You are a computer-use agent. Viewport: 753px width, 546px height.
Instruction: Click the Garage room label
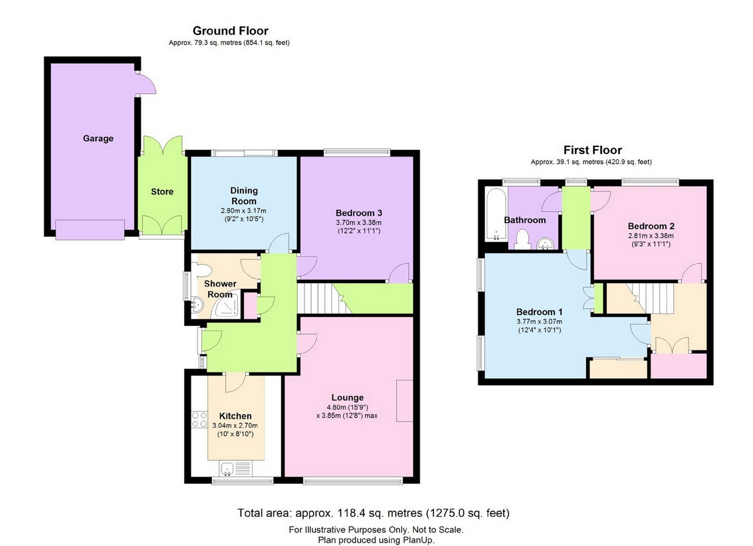(98, 138)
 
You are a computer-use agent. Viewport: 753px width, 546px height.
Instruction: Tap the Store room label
(162, 191)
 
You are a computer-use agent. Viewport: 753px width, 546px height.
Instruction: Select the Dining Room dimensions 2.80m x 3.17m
(244, 211)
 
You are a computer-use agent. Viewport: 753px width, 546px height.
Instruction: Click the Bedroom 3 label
(359, 213)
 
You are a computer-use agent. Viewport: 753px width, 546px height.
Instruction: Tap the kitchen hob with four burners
(199, 420)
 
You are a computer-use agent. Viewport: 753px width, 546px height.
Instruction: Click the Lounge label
(347, 397)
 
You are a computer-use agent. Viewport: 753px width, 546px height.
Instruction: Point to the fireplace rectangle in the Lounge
(404, 401)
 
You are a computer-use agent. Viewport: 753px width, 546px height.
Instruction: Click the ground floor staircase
(320, 298)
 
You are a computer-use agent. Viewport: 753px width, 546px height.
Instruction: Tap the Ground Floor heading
(230, 31)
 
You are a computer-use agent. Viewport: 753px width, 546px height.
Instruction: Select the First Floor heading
(592, 150)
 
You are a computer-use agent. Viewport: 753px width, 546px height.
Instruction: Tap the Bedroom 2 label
(651, 226)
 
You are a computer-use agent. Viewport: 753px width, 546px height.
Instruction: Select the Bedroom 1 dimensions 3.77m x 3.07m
(539, 321)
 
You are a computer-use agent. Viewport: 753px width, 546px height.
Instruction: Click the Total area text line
(373, 513)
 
